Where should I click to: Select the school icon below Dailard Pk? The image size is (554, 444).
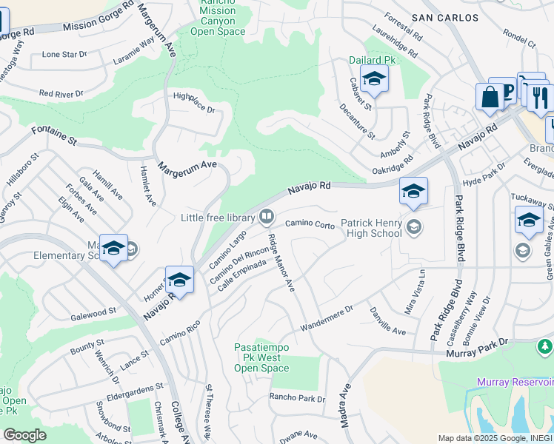tap(374, 80)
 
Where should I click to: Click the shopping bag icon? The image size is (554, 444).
tap(490, 97)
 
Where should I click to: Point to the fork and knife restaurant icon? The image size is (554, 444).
tap(539, 96)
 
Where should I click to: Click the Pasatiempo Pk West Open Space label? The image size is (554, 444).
tap(261, 357)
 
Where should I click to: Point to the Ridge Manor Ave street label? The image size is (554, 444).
tap(281, 263)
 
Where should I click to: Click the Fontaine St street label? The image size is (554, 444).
tap(54, 135)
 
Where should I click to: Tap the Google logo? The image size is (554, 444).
tap(24, 434)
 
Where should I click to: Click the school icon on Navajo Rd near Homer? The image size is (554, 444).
tap(179, 280)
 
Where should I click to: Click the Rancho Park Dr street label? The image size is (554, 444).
tap(297, 399)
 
